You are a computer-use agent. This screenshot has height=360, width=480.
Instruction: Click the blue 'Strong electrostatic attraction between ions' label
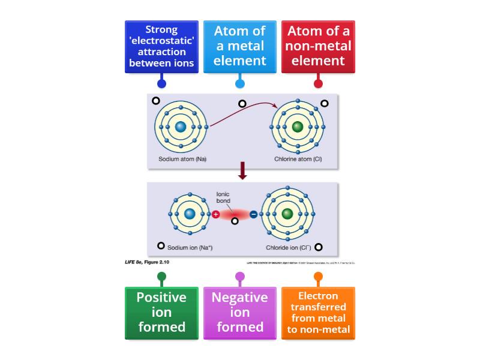(x=161, y=47)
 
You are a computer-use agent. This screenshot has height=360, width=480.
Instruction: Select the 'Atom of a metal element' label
(x=240, y=47)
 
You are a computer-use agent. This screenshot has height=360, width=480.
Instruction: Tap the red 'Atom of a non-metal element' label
(x=318, y=47)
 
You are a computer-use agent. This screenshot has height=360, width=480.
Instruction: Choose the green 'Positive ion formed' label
(x=161, y=313)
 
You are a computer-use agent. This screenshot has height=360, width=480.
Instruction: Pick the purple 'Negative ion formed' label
(x=240, y=313)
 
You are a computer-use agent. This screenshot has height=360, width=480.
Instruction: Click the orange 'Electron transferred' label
(x=318, y=313)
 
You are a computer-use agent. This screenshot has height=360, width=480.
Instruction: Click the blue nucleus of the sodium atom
(x=181, y=127)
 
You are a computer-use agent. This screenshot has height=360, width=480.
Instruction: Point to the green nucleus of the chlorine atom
(x=298, y=127)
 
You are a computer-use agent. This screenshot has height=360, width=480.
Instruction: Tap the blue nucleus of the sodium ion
(x=190, y=214)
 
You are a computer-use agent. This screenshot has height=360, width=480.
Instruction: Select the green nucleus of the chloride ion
(x=287, y=214)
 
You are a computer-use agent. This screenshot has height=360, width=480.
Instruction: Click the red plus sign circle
(x=215, y=214)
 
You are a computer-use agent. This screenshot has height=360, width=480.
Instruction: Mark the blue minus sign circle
(x=253, y=214)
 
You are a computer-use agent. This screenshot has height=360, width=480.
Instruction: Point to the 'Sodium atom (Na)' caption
(x=182, y=159)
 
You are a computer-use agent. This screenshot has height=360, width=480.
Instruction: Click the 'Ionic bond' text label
(x=223, y=197)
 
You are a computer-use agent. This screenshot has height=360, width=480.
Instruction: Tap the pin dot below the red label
(x=318, y=83)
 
